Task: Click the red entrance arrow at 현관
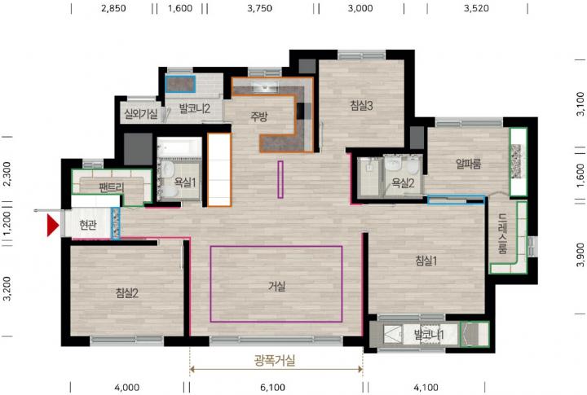(x=53, y=226)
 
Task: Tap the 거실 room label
(x=276, y=287)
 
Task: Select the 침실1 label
(x=426, y=261)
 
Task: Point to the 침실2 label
(x=127, y=293)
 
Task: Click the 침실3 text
(x=362, y=106)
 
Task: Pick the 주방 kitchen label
(x=259, y=116)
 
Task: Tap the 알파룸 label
(x=468, y=164)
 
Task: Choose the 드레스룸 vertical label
(x=503, y=234)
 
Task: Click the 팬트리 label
(x=111, y=187)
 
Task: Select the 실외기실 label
(x=141, y=114)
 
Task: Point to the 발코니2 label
(x=195, y=108)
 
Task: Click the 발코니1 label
(x=429, y=334)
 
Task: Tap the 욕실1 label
(x=185, y=182)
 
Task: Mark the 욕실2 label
(x=403, y=183)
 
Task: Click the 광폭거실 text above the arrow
(x=275, y=360)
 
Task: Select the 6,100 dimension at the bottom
(x=272, y=388)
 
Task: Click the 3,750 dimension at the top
(x=260, y=8)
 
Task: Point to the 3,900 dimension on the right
(x=580, y=255)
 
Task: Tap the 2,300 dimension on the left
(x=7, y=174)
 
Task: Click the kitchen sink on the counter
(x=265, y=87)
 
